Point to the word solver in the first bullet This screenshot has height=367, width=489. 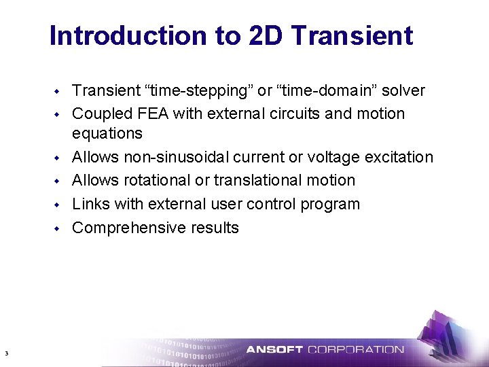[x=402, y=90]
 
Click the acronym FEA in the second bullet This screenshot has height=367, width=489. [x=152, y=113]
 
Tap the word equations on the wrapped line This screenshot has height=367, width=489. [x=107, y=133]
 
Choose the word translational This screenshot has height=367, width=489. [x=263, y=180]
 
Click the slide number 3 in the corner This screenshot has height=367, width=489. [x=5, y=353]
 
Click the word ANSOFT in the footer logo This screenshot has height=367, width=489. [x=274, y=350]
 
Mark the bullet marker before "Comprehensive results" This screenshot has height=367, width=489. [x=58, y=228]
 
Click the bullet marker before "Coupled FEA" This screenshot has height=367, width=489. [x=58, y=114]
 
